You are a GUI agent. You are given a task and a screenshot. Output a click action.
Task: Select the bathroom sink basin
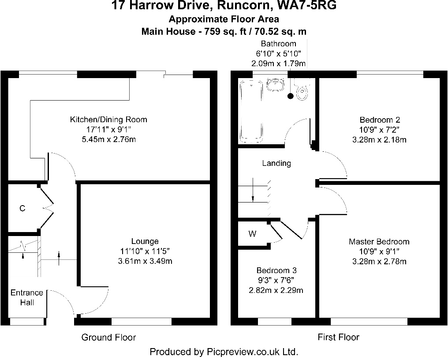[x=276, y=84]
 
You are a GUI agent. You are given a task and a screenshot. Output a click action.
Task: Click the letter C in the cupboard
[x=22, y=208]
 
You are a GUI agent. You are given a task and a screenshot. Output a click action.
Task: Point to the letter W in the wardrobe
[x=252, y=234]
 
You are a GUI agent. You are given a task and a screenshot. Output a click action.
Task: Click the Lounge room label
[x=145, y=241]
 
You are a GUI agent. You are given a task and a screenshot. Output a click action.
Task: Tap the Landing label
[x=276, y=163]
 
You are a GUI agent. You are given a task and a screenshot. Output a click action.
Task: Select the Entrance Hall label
[x=27, y=297]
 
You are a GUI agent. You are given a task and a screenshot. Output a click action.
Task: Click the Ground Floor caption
[x=108, y=337]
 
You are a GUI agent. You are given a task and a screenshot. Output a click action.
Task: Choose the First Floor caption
[x=338, y=337]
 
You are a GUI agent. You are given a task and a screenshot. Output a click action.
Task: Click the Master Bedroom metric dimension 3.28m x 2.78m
[x=379, y=261]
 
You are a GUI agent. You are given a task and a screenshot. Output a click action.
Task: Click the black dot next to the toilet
[x=290, y=95]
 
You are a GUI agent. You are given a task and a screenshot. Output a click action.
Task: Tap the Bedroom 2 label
[x=380, y=120]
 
